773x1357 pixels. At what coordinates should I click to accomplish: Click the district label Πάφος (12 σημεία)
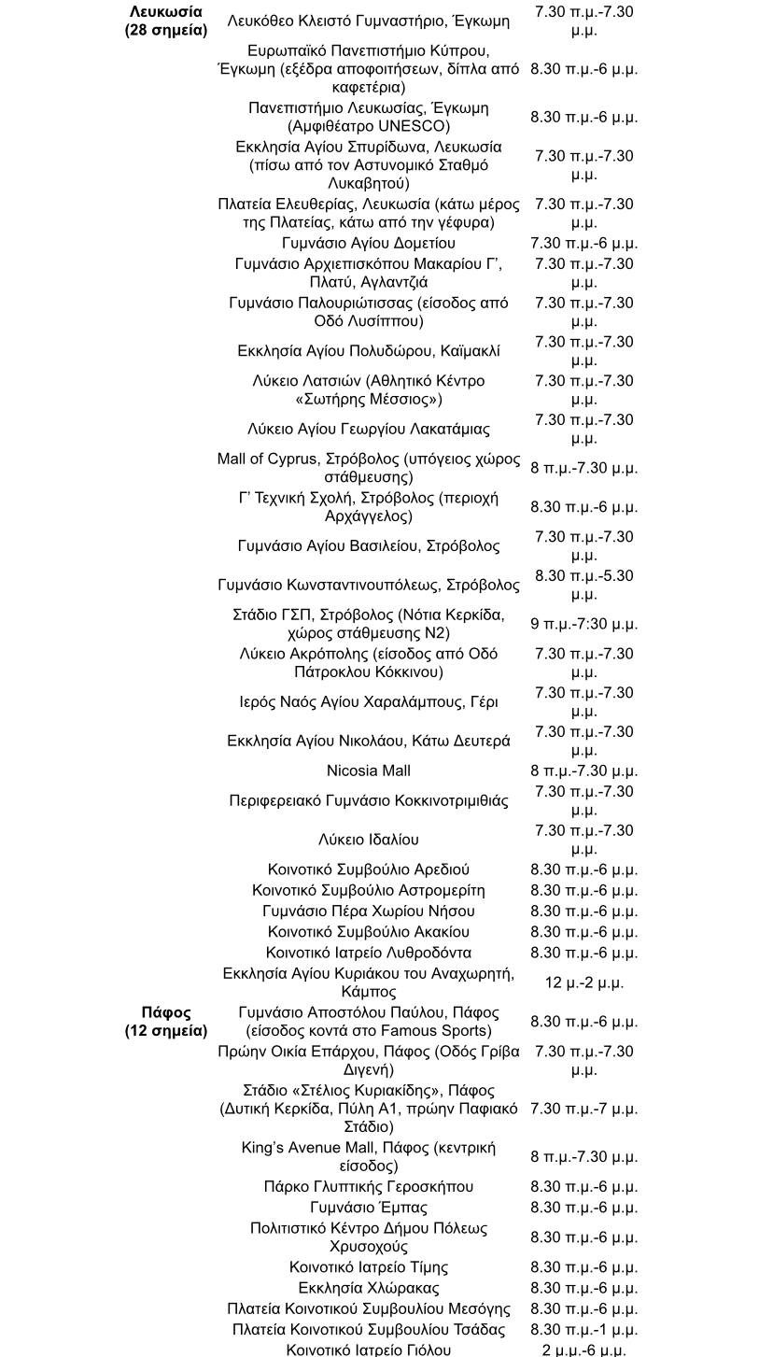point(165,1022)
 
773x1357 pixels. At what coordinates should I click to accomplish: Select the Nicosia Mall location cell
point(368,770)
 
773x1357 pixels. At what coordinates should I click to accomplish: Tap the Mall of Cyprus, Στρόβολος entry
point(368,468)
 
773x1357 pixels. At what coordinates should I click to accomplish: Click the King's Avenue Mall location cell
point(368,1156)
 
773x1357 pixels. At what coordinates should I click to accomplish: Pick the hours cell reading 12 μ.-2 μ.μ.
point(583,982)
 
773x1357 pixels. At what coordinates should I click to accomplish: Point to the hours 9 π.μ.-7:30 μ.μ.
point(583,624)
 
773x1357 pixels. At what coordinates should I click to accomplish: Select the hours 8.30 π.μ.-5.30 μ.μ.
point(583,585)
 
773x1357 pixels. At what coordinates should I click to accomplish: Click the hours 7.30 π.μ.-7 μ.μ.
point(583,1109)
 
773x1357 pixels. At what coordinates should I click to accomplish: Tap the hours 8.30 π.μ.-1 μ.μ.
point(583,1329)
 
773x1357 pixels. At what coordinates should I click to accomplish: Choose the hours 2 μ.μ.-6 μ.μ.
point(583,1350)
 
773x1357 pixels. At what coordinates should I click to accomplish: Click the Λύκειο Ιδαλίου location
point(368,840)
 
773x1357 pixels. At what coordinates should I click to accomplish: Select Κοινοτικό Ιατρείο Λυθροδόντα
point(368,953)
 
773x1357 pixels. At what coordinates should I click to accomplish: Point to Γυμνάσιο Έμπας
point(368,1208)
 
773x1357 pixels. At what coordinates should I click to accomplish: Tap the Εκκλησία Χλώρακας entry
point(368,1288)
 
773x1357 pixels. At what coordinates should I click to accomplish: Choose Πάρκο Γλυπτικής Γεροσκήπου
point(368,1187)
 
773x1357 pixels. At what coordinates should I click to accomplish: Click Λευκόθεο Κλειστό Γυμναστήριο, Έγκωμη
point(368,20)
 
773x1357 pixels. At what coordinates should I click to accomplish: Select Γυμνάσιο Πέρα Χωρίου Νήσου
point(368,911)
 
